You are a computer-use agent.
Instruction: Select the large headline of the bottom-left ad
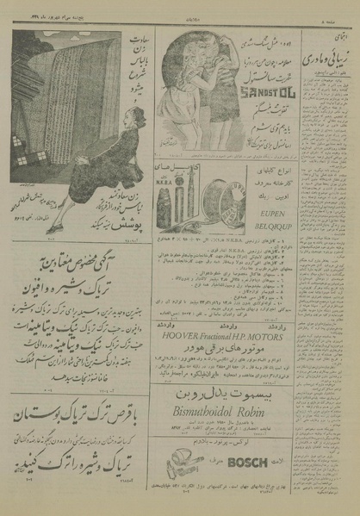pos(78,416)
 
